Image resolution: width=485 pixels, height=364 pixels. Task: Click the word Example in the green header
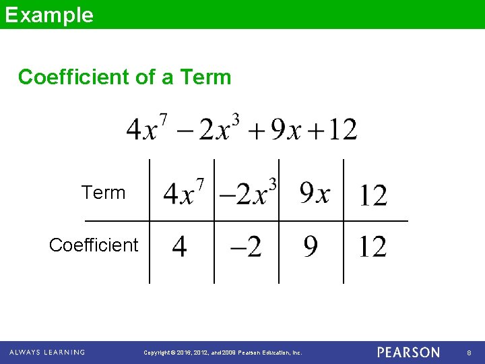pos(49,15)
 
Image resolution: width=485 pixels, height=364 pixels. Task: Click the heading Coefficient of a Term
pos(125,77)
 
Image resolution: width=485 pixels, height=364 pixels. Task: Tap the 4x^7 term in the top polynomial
pos(147,128)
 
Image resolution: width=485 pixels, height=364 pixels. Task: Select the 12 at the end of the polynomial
pos(341,129)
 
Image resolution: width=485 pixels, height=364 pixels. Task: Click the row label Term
pos(104,193)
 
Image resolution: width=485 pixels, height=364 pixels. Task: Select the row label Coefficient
pos(94,245)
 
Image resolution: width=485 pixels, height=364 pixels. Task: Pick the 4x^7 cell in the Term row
pos(183,193)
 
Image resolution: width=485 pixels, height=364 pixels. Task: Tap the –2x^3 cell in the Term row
pos(248,193)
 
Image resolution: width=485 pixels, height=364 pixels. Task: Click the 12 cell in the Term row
pos(373,195)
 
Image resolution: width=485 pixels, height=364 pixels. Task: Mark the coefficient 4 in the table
pos(179,247)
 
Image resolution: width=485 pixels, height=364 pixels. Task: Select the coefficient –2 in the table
pos(246,247)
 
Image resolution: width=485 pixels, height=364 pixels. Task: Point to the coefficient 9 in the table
pos(310,247)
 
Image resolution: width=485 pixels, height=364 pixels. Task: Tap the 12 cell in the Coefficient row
pos(373,247)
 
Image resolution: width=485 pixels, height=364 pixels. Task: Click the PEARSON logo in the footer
pos(408,353)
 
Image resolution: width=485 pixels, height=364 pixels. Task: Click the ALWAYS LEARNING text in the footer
pos(47,353)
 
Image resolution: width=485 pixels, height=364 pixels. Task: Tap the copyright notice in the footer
pos(224,353)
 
